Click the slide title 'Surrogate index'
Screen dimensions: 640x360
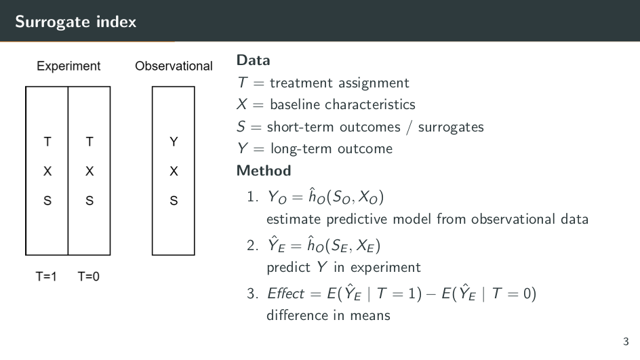pos(75,22)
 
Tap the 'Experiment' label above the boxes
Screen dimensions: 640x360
pos(68,66)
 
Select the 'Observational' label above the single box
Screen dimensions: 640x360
pos(174,66)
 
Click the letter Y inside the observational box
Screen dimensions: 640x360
pos(174,142)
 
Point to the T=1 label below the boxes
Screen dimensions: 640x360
pos(46,277)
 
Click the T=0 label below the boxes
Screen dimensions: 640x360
pos(89,277)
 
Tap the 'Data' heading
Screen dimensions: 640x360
pos(253,60)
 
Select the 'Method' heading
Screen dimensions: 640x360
pos(264,171)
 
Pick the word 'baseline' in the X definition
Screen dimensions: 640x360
pos(295,104)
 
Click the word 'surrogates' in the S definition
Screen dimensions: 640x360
pos(451,127)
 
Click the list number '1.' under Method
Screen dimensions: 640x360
pos(253,197)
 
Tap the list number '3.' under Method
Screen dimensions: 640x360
pos(253,294)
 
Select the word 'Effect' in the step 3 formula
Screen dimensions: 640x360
pos(285,294)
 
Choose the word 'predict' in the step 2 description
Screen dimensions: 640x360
pos(289,268)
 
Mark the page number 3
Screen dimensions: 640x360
pos(626,342)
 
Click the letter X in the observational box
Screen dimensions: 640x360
pos(174,171)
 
